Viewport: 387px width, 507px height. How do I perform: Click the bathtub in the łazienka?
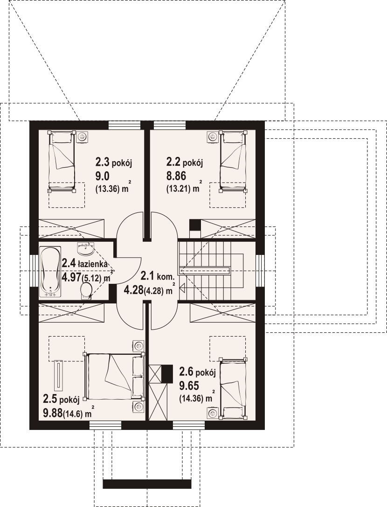(50, 272)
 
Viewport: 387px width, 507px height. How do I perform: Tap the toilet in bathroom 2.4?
(85, 290)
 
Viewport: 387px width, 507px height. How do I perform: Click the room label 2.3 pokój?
(114, 162)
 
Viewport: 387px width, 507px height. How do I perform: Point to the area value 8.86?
(176, 176)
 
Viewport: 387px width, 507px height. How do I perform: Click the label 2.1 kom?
(158, 276)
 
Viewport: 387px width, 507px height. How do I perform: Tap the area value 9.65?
(189, 386)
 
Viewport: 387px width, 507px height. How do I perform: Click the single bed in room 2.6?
(233, 387)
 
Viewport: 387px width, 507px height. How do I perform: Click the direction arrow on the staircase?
(182, 287)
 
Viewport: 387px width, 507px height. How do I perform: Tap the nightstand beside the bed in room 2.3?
(83, 137)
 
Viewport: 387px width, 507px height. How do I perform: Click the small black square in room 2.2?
(195, 225)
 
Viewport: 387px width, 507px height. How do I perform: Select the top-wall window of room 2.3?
(124, 125)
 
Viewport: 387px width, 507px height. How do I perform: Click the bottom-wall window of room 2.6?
(189, 425)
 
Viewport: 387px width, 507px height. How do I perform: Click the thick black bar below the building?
(147, 483)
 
